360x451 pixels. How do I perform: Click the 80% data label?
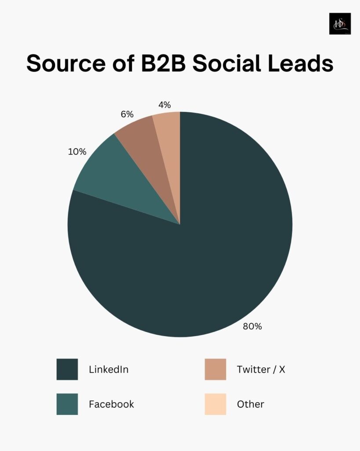(x=252, y=326)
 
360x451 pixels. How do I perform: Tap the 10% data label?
(x=77, y=152)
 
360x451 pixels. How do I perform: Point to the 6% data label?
(x=127, y=114)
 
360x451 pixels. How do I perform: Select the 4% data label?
(x=164, y=105)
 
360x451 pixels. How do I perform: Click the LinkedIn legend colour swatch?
(x=67, y=369)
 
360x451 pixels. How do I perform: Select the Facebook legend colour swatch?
(x=67, y=404)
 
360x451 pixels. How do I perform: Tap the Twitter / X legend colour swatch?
(x=215, y=369)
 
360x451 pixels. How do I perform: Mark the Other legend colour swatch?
(x=215, y=404)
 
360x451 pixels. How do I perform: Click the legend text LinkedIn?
(x=109, y=370)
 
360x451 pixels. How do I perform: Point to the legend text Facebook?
(x=111, y=404)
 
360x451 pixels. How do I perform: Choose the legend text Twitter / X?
(x=261, y=370)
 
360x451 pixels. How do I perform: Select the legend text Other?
(x=250, y=404)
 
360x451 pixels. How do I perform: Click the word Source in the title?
(x=64, y=63)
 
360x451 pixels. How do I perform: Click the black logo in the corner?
(x=340, y=24)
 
